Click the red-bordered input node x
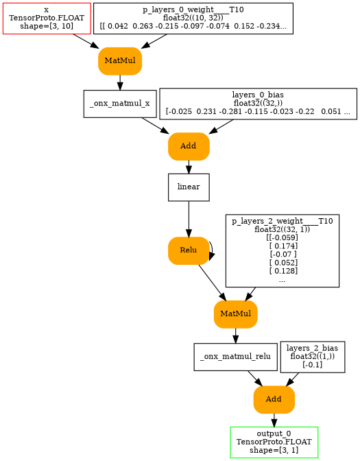(x=47, y=19)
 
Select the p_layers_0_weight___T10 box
(x=193, y=19)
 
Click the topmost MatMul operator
(x=120, y=61)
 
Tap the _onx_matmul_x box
(x=120, y=104)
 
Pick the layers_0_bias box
(x=258, y=103)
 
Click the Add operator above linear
(x=189, y=146)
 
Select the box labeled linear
(x=189, y=187)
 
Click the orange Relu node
(x=189, y=250)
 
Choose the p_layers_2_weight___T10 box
(x=282, y=250)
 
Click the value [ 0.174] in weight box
(x=282, y=245)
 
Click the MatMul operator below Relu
(x=235, y=314)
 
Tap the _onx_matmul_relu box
(x=235, y=357)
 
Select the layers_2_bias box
(x=312, y=357)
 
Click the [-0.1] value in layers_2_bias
(x=312, y=365)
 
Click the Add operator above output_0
(x=274, y=399)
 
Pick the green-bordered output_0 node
(x=274, y=442)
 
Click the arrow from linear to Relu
(x=189, y=220)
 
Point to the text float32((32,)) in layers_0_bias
(x=258, y=103)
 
